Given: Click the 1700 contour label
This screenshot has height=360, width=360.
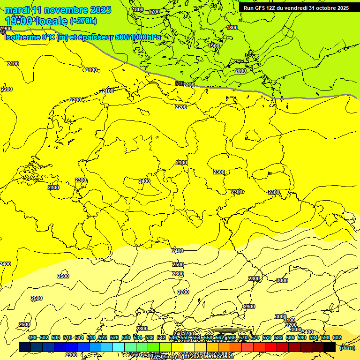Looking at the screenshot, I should point(154,12).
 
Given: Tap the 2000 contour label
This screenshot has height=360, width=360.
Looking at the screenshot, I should point(240,71).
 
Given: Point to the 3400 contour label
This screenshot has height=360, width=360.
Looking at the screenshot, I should point(307,332).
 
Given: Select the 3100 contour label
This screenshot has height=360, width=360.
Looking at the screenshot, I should point(289,320).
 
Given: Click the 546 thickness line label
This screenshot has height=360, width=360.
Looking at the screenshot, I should point(179,83).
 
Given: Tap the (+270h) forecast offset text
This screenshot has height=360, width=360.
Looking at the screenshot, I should point(83,21).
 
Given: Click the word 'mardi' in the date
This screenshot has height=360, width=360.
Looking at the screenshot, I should point(17,10).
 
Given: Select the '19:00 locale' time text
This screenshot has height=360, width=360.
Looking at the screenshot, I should point(36,21).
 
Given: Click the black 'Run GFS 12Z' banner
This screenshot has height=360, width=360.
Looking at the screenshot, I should point(296,8).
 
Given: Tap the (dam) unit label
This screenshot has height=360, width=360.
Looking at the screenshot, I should point(347,347).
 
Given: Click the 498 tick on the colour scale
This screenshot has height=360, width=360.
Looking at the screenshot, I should point(32,337).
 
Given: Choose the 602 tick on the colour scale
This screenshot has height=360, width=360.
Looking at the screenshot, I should point(337,337).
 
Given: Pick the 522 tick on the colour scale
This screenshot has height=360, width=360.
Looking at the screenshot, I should point(103,337).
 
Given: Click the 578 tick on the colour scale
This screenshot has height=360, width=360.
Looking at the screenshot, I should point(266,337).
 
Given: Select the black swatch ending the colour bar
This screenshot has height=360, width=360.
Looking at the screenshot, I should point(330,347).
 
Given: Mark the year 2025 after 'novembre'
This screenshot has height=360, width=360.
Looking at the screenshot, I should point(99,10).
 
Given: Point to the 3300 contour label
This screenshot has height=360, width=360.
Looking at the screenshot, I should point(295,330).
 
